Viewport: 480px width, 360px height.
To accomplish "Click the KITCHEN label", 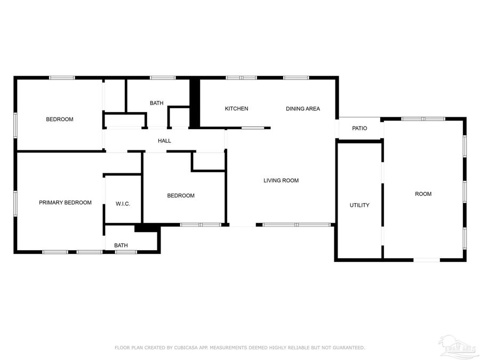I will point(236,109).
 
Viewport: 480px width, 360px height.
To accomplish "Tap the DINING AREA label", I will point(303,109).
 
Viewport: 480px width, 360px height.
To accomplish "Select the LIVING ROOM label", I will point(281,181).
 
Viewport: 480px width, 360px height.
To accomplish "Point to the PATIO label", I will point(360,129).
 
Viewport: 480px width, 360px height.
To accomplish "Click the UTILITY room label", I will point(359,205).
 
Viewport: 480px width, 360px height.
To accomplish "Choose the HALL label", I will point(164,141).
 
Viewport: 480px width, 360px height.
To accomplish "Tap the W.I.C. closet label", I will point(123,204).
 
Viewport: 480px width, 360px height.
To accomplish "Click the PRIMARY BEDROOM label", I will point(65,203).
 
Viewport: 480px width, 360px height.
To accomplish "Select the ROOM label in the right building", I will point(423,194).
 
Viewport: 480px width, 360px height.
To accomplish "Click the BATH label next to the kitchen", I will point(156,103).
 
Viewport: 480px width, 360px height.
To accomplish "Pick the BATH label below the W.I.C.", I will point(121,246).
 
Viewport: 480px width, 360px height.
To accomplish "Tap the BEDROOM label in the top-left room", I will point(60,119).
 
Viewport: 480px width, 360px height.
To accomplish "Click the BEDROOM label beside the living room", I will point(181,196).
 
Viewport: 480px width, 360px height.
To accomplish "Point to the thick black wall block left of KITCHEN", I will point(195,103).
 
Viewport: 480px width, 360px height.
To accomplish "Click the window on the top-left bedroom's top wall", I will point(62,78).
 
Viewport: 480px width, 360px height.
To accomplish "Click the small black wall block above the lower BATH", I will point(147,228).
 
